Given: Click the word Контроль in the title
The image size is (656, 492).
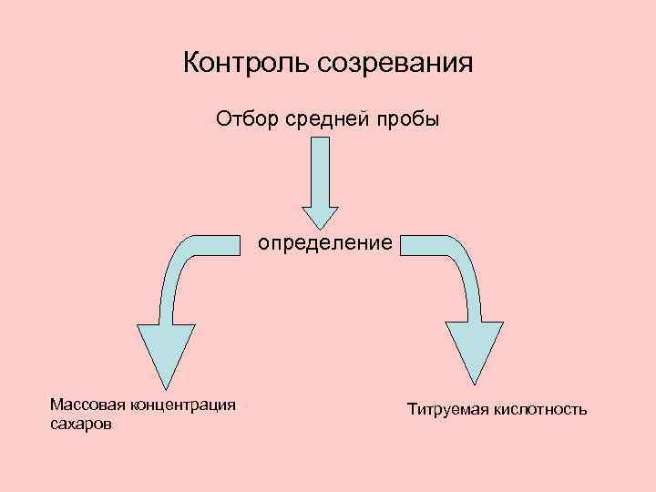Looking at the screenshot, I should [x=248, y=64].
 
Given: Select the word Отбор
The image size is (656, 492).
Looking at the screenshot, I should [x=243, y=119].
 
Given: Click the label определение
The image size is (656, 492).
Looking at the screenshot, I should [x=325, y=244].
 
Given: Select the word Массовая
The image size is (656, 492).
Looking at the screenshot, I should [x=87, y=404].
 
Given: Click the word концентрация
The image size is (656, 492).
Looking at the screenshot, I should [x=183, y=404].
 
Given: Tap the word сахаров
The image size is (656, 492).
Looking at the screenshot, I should [x=82, y=425].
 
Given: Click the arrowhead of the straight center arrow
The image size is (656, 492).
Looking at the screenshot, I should [x=320, y=217].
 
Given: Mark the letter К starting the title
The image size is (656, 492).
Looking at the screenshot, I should [x=190, y=64].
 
